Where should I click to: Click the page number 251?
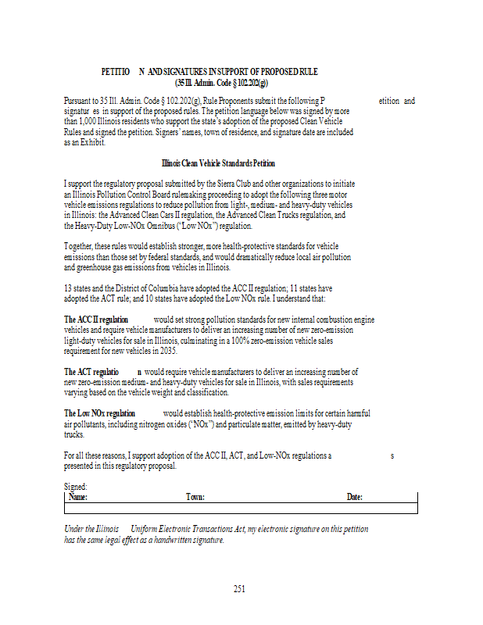(x=239, y=589)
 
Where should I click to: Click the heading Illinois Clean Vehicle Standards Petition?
(x=218, y=163)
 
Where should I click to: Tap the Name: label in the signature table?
(x=78, y=497)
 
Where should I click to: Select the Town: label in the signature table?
(x=195, y=497)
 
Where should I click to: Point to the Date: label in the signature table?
(x=355, y=497)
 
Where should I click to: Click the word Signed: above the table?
(x=76, y=487)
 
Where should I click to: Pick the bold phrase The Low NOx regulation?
(x=99, y=412)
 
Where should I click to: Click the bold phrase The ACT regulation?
(x=91, y=372)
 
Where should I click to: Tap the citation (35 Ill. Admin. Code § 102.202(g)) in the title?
(x=221, y=82)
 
